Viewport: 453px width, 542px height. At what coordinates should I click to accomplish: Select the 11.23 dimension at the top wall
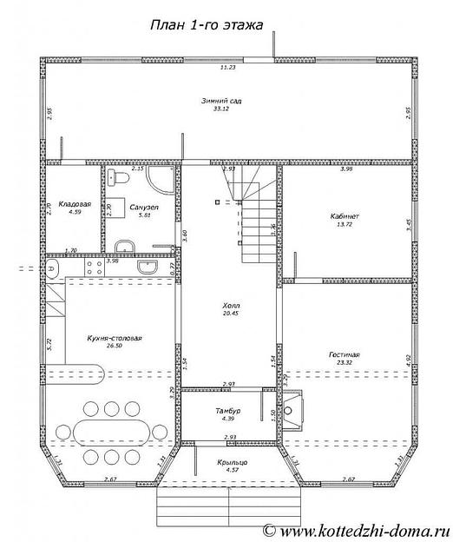click(228, 67)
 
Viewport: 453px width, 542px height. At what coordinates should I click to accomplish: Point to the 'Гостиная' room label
click(345, 354)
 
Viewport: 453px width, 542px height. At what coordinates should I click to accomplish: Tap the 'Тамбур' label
click(228, 408)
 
